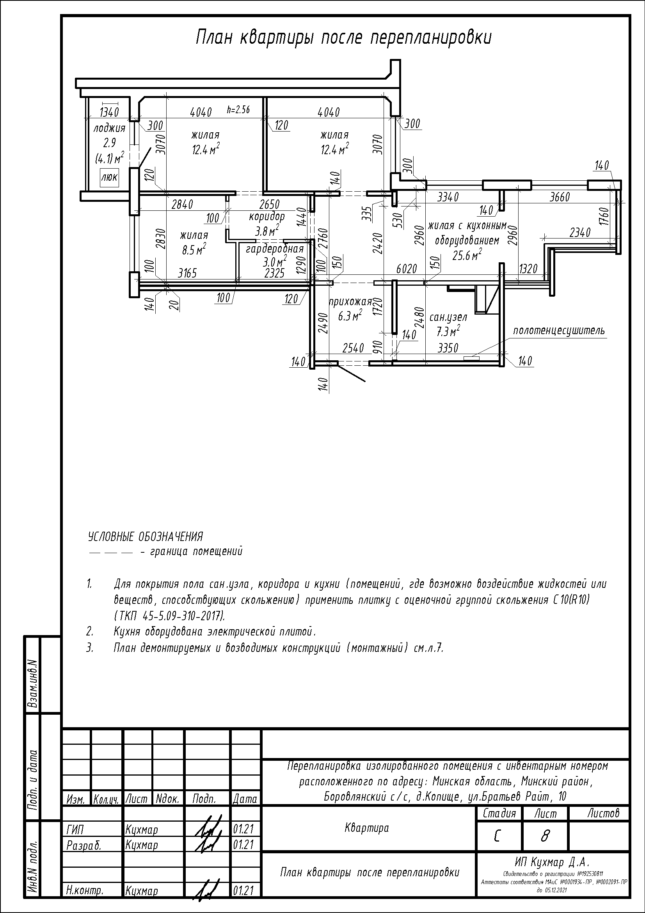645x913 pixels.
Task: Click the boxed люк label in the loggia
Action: (x=109, y=177)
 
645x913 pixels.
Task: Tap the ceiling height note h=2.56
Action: (x=238, y=110)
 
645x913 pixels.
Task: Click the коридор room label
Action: (x=267, y=217)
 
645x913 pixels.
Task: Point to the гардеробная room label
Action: (x=275, y=249)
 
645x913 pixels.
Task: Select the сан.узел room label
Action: (x=448, y=317)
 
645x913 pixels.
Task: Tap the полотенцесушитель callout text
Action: (x=559, y=331)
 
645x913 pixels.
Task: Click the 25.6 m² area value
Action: (x=467, y=255)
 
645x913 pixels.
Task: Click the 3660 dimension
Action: (x=560, y=197)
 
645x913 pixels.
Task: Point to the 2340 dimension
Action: (x=580, y=233)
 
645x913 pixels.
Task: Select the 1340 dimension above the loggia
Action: (x=109, y=112)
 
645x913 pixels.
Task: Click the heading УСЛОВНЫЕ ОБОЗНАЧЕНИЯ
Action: (x=145, y=537)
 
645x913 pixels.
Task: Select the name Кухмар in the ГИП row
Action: (x=142, y=830)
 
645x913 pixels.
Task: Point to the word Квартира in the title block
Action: (x=367, y=828)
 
